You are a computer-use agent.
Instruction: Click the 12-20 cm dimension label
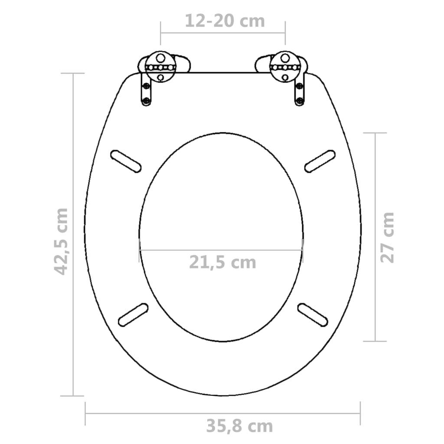[x=225, y=20]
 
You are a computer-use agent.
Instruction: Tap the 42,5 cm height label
[x=62, y=241]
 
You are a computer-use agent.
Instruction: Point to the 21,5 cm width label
[x=222, y=262]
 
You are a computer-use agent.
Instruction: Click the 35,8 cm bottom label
[x=239, y=426]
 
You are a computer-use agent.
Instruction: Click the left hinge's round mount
[x=160, y=68]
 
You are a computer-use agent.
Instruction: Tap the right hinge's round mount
[x=284, y=67]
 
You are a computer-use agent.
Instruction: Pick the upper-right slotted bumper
[x=320, y=160]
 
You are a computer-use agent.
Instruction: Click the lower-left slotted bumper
[x=133, y=315]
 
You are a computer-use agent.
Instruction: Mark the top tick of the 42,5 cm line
[x=72, y=73]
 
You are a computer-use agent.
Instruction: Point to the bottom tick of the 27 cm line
[x=374, y=341]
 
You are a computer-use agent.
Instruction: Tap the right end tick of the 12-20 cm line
[x=285, y=33]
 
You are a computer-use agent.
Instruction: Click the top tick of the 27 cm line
[x=374, y=133]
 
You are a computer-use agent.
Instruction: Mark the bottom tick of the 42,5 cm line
[x=72, y=395]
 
